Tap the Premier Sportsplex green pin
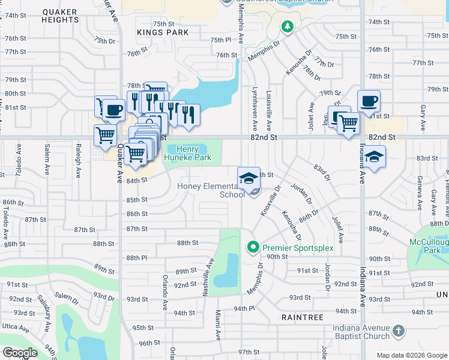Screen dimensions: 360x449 (253, 247)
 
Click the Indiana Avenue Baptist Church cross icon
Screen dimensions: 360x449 (399, 331)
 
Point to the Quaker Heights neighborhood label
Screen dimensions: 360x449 (60, 15)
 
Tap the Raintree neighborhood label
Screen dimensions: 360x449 (303, 317)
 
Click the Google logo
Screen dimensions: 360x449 (19, 353)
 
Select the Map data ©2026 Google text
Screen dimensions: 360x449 (411, 355)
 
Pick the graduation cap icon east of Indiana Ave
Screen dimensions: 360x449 (375, 157)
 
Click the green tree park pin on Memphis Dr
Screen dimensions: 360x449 (288, 26)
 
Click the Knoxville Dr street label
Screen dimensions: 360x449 (271, 201)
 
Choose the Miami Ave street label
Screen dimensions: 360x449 (220, 323)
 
